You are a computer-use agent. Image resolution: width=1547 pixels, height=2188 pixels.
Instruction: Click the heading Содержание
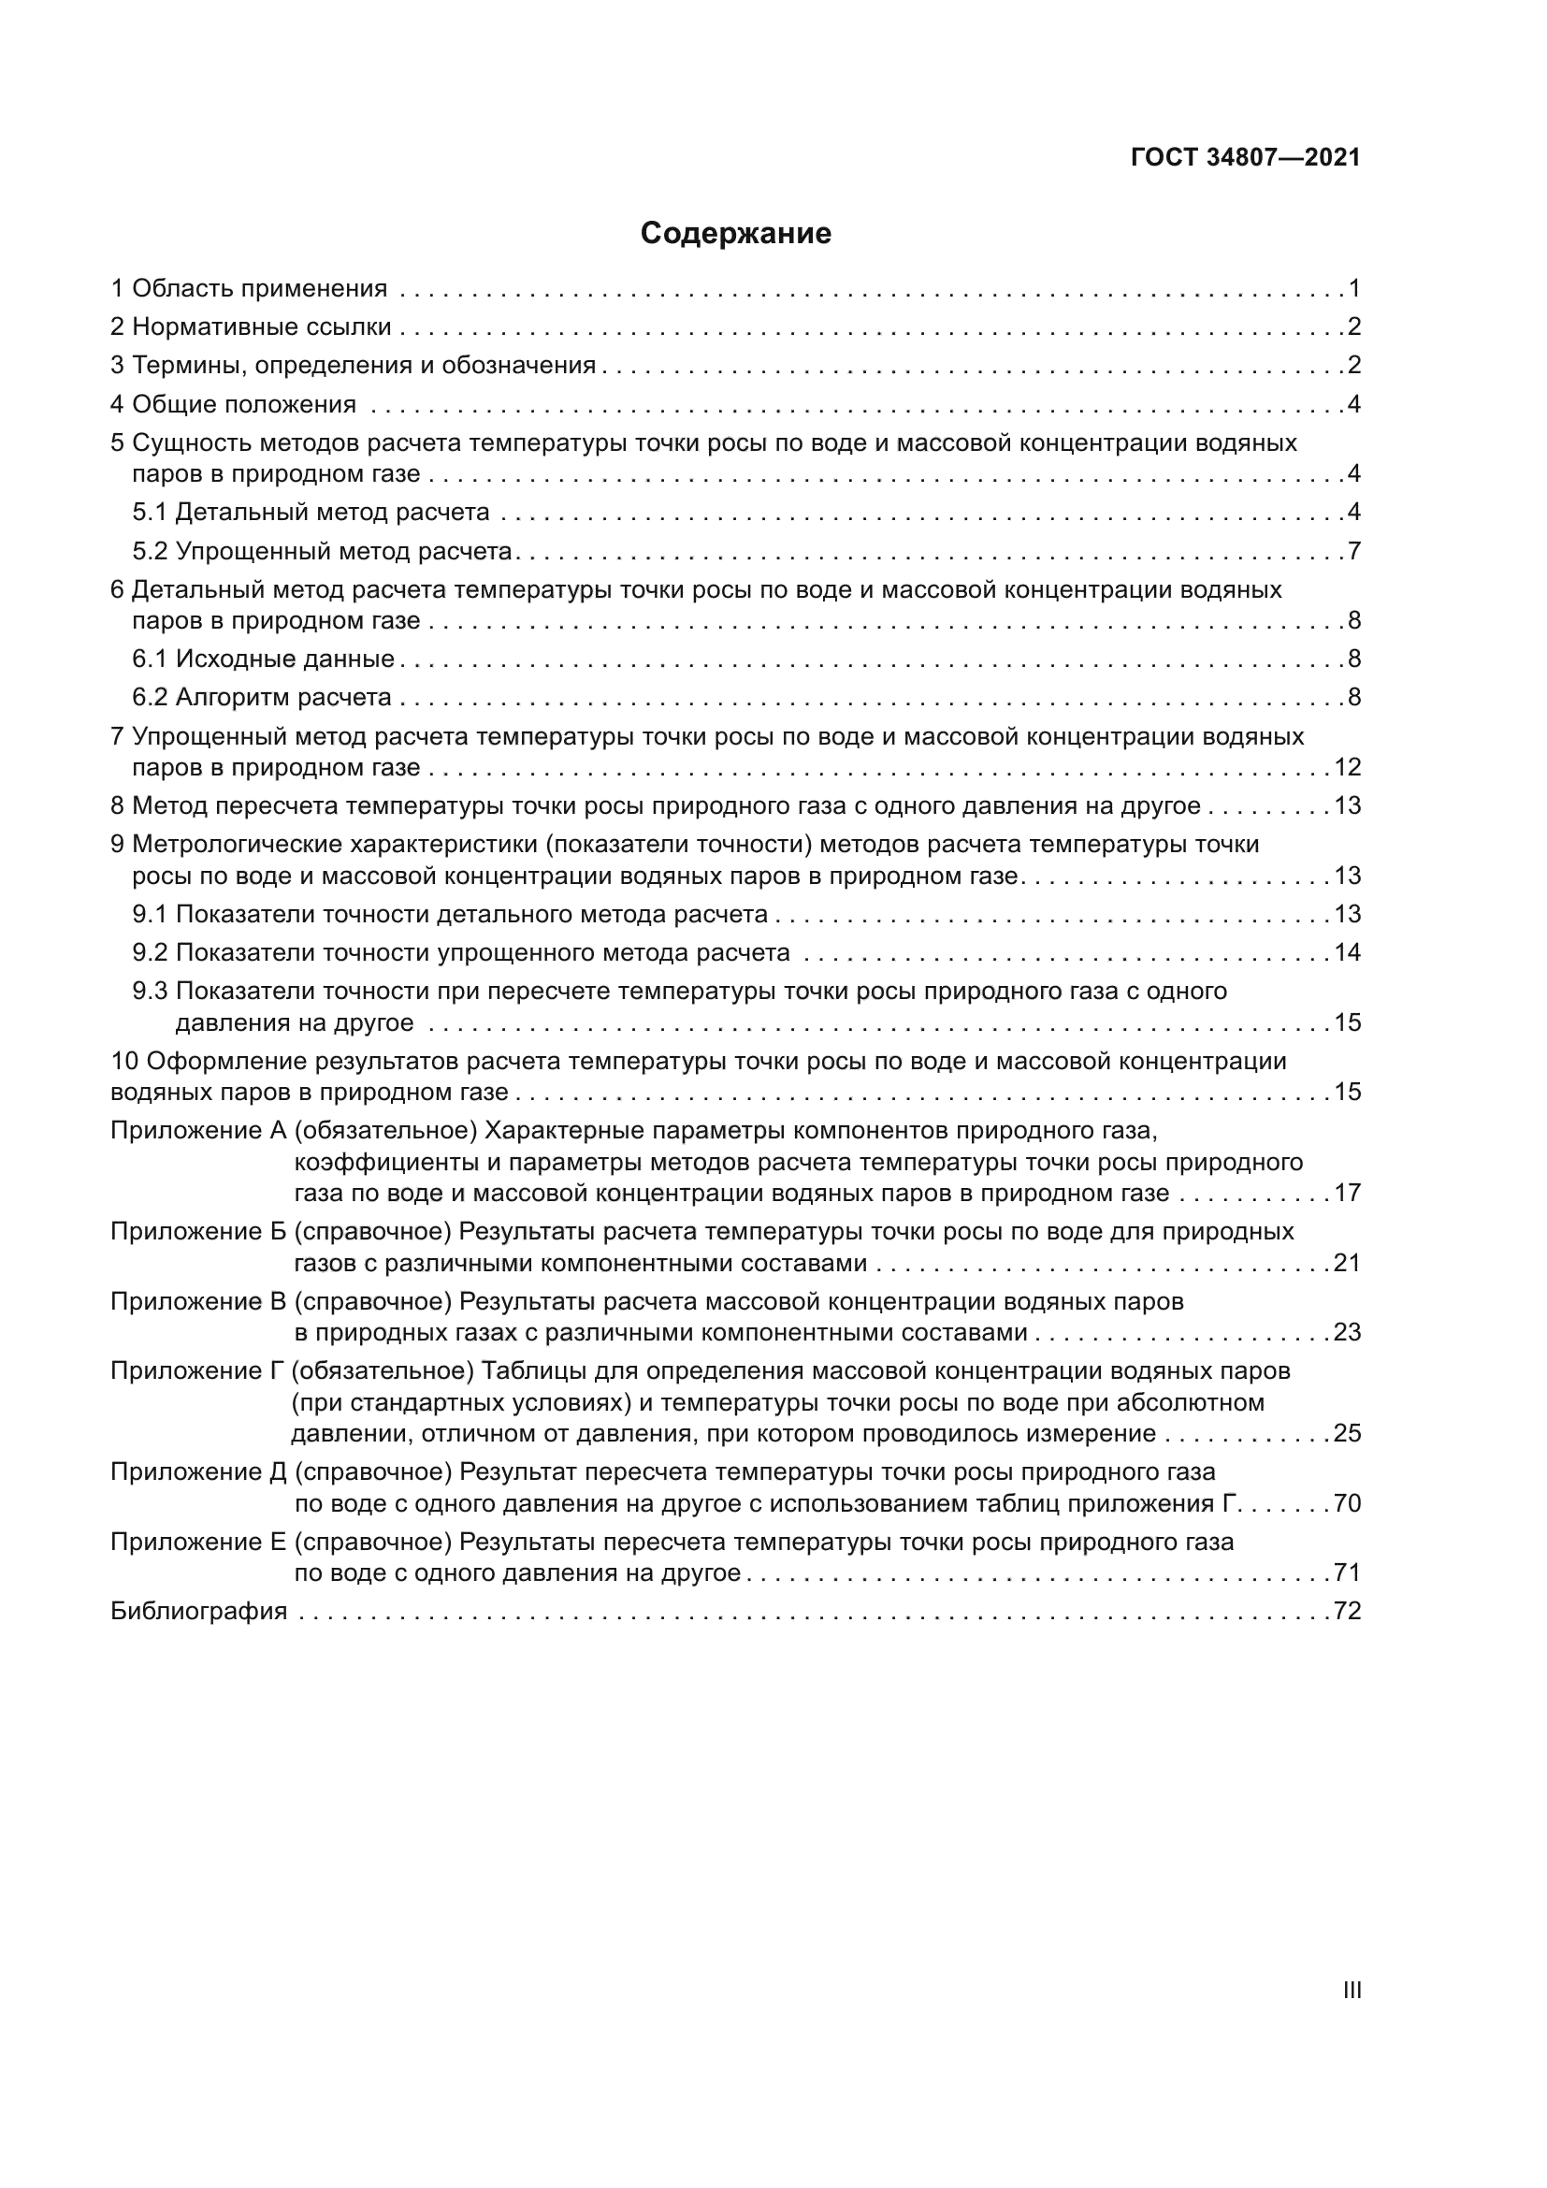(x=734, y=234)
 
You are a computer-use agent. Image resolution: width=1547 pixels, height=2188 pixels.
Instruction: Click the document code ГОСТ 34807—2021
(x=1245, y=157)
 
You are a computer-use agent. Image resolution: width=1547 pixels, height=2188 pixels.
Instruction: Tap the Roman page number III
(x=1351, y=1989)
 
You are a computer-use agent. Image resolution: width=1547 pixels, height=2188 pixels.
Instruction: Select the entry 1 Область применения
(x=249, y=288)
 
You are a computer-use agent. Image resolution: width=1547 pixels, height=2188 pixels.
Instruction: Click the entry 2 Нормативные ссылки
(x=251, y=326)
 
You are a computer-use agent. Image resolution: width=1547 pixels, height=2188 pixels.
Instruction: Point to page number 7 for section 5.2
(x=1353, y=551)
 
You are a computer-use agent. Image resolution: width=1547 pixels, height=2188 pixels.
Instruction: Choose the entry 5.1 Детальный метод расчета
(x=311, y=512)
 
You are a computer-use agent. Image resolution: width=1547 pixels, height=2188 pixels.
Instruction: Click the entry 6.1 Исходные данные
(x=263, y=659)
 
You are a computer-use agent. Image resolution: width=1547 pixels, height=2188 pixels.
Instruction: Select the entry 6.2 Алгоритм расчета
(x=262, y=697)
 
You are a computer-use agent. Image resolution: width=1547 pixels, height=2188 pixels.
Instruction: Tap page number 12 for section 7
(x=1347, y=767)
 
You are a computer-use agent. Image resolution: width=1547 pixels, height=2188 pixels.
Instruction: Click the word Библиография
(x=199, y=1611)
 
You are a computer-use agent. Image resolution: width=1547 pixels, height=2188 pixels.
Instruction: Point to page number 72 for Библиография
(x=1347, y=1611)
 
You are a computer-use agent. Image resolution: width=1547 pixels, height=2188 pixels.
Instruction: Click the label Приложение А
(x=198, y=1130)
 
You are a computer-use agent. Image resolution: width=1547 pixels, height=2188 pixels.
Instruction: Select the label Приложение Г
(x=197, y=1370)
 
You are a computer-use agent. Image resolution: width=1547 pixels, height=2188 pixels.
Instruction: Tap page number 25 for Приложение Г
(x=1347, y=1433)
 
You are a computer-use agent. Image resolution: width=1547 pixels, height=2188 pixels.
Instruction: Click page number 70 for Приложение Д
(x=1347, y=1503)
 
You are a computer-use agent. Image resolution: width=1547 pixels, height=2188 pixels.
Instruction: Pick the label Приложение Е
(x=198, y=1541)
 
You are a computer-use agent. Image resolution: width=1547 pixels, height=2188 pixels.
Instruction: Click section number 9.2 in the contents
(x=150, y=952)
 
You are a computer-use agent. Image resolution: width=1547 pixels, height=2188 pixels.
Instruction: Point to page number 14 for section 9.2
(x=1347, y=952)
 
